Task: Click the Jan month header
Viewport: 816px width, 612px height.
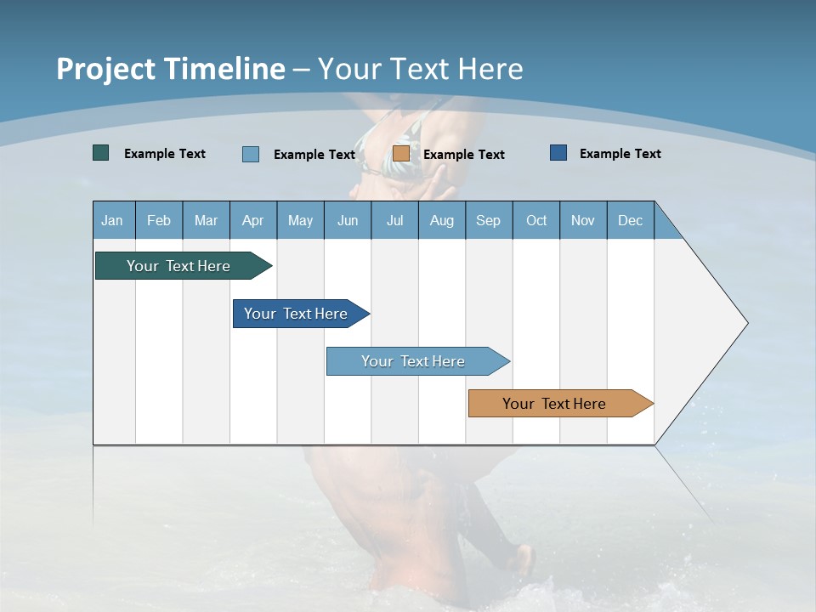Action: [x=112, y=220]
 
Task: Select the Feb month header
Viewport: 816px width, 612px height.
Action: [x=159, y=220]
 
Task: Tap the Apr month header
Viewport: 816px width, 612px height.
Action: [x=252, y=220]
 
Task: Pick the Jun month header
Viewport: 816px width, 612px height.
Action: [x=348, y=220]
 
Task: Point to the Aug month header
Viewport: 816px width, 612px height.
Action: [x=441, y=220]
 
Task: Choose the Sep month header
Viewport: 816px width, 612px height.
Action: [x=488, y=220]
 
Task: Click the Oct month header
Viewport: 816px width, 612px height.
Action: [x=536, y=220]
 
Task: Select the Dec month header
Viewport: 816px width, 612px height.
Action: [x=630, y=220]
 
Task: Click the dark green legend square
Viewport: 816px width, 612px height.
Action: [x=101, y=153]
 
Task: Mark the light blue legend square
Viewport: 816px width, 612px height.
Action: [x=251, y=154]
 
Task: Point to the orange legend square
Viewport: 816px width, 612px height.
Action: [x=401, y=154]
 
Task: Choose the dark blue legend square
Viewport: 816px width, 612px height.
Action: [x=558, y=153]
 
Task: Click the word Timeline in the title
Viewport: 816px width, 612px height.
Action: [x=224, y=69]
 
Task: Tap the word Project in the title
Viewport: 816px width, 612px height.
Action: [x=105, y=69]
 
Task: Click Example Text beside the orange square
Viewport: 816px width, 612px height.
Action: [x=463, y=155]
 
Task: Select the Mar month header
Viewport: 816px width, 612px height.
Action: [x=206, y=220]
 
